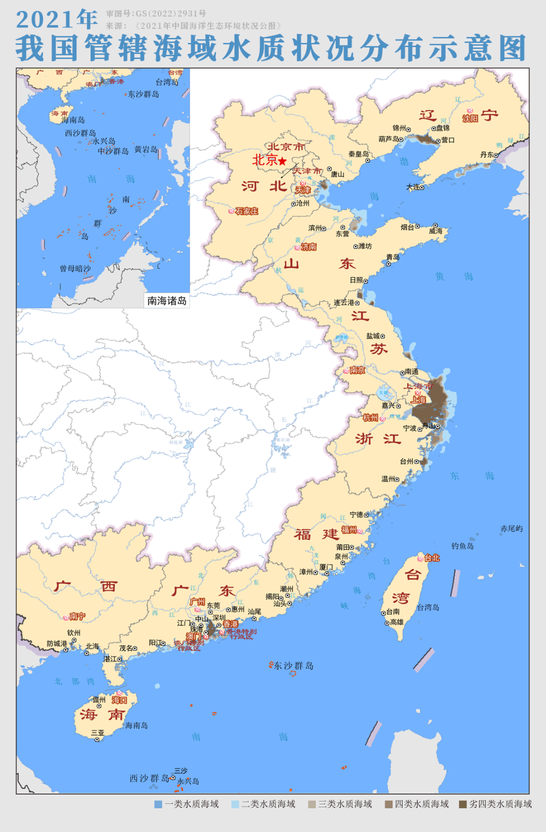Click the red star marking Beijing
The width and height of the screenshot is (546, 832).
(283, 161)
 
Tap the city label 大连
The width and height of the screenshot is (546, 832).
(413, 187)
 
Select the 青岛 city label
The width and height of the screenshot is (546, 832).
(393, 257)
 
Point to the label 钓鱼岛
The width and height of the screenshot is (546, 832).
(463, 546)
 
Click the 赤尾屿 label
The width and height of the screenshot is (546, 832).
(512, 528)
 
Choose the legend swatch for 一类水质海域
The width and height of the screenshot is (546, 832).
(158, 804)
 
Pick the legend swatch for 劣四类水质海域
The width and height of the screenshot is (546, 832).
(463, 804)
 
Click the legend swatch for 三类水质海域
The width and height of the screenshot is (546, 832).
(312, 804)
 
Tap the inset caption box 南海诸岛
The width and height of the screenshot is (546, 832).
(167, 301)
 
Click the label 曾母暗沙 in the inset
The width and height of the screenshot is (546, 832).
(75, 269)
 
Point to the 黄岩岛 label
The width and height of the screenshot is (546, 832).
(145, 150)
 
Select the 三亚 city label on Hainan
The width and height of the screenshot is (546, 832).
(97, 732)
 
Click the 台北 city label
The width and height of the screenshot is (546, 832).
(432, 558)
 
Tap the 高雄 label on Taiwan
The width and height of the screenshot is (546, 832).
(397, 622)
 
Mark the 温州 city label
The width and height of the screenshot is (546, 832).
(389, 479)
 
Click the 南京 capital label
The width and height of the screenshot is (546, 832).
(357, 370)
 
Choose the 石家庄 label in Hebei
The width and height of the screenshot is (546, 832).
(247, 211)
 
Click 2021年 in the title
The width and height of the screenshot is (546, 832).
(57, 19)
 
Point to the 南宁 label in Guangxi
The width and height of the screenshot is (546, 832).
(77, 616)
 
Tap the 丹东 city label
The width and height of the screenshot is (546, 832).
(486, 155)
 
